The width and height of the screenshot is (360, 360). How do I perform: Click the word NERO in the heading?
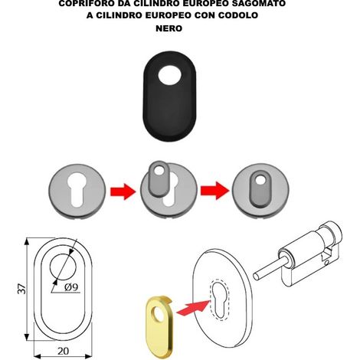[x=169, y=28]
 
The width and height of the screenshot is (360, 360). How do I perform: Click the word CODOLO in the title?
[x=238, y=15]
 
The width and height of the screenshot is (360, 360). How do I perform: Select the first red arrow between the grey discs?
[x=123, y=191]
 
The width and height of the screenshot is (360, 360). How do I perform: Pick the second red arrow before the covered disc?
[x=214, y=191]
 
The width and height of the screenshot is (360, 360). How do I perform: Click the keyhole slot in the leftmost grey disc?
[x=77, y=189]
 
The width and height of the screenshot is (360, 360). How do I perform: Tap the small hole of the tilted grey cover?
[x=159, y=170]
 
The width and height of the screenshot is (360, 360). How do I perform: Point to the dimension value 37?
[x=22, y=289]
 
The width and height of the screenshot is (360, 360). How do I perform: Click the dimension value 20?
[x=63, y=351]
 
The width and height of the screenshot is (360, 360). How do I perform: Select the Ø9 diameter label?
[x=71, y=287]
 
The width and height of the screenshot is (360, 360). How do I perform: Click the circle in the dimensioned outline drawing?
[x=63, y=267]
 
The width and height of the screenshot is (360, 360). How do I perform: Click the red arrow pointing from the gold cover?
[x=193, y=307]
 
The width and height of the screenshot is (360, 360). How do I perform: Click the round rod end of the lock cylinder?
[x=256, y=276]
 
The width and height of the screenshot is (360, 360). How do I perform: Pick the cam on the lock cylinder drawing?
[x=326, y=257]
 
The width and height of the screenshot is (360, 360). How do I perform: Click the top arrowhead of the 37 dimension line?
[x=27, y=241]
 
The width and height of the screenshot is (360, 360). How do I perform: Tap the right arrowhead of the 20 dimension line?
[x=88, y=356]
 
